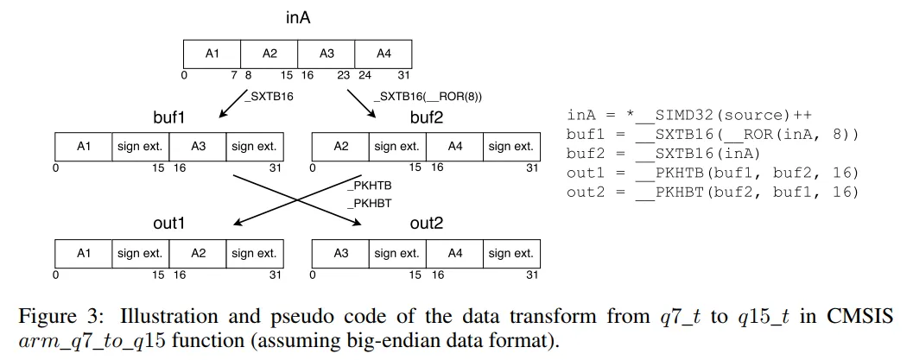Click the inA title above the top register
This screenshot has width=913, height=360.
[x=298, y=17]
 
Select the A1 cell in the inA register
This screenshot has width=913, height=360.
[x=212, y=54]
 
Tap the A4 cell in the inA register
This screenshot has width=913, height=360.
[x=384, y=54]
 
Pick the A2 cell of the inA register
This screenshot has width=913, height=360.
[x=269, y=54]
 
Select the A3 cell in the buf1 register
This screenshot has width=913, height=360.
[x=198, y=147]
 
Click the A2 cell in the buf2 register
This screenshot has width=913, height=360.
[x=340, y=147]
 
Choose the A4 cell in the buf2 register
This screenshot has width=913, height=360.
[x=454, y=147]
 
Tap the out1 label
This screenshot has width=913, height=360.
[x=169, y=223]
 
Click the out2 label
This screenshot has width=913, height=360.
[x=426, y=223]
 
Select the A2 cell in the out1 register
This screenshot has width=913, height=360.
[x=198, y=254]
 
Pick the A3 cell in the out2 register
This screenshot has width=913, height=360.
[x=340, y=254]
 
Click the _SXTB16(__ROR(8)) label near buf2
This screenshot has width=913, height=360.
[x=428, y=96]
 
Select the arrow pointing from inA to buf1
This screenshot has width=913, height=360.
[x=231, y=104]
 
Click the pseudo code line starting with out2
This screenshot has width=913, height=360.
[x=713, y=192]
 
